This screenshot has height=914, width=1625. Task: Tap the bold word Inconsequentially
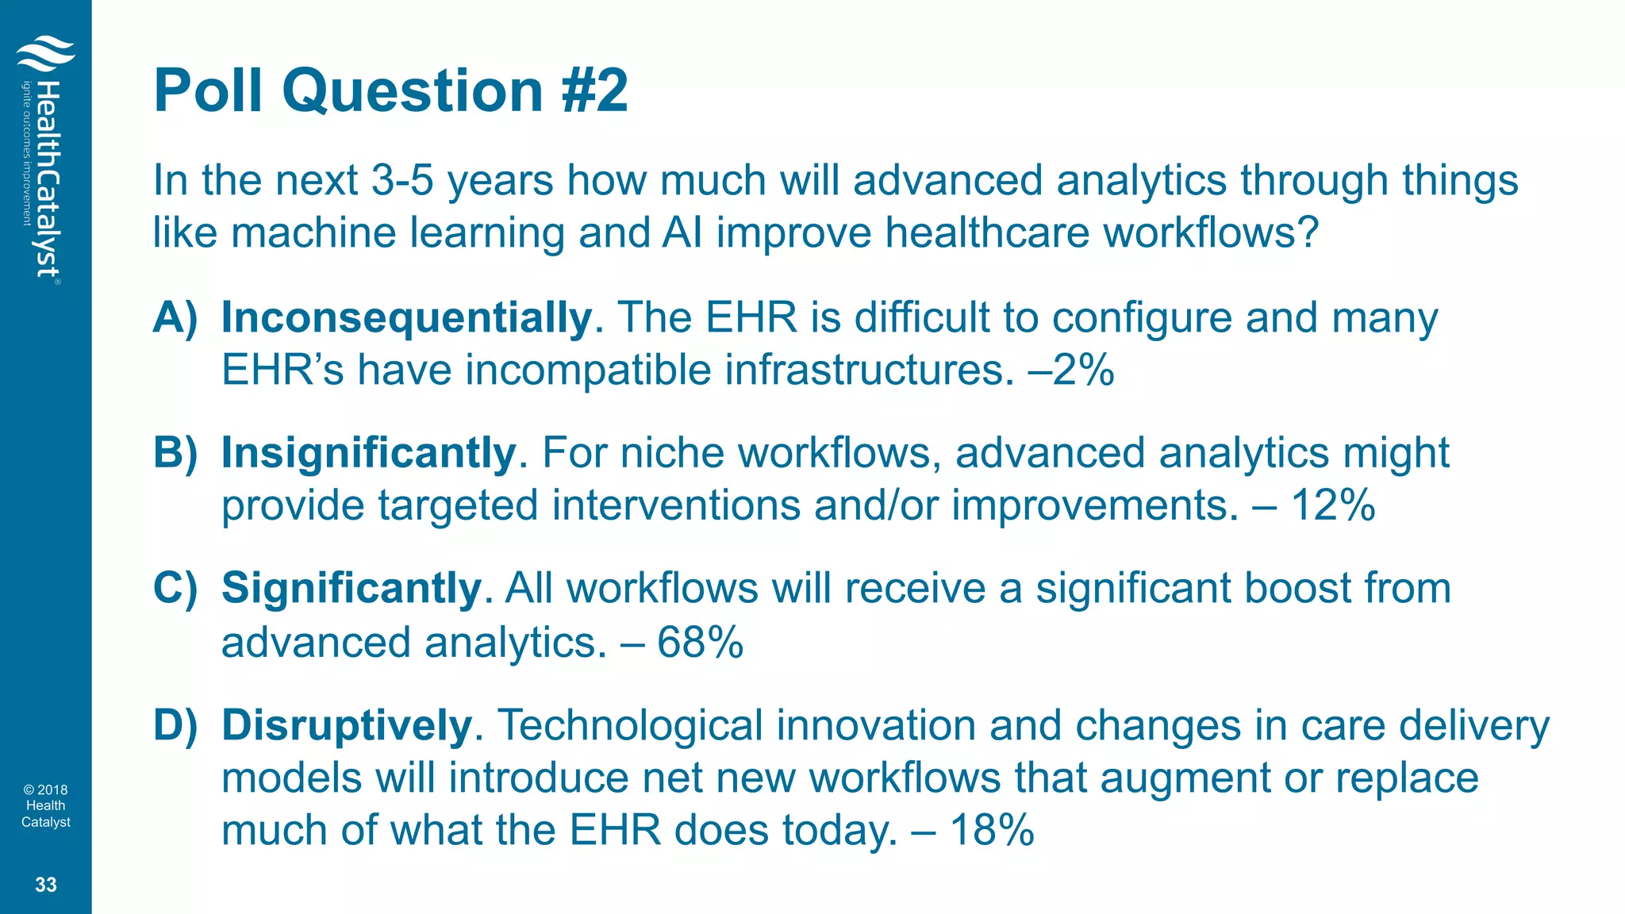tap(406, 317)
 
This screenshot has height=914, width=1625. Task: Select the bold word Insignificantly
tap(369, 453)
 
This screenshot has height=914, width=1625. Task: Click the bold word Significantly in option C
tap(352, 589)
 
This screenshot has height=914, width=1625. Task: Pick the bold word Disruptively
tap(347, 725)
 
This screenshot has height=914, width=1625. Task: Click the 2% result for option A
tap(1084, 370)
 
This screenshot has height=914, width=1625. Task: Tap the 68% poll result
tap(700, 642)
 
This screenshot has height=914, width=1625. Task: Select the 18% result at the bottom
tap(992, 830)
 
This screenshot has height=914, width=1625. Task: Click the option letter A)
tap(175, 317)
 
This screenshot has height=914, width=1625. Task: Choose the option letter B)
tap(175, 453)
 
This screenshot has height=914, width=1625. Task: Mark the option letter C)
tap(175, 589)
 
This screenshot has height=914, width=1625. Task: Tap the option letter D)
tap(175, 725)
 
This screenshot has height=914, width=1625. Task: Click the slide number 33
tap(46, 885)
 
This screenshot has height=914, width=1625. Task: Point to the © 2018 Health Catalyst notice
tap(46, 805)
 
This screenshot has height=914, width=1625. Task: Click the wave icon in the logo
tap(45, 54)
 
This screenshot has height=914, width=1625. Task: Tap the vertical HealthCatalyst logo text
tap(48, 179)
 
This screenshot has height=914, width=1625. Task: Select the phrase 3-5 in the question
tap(402, 180)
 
